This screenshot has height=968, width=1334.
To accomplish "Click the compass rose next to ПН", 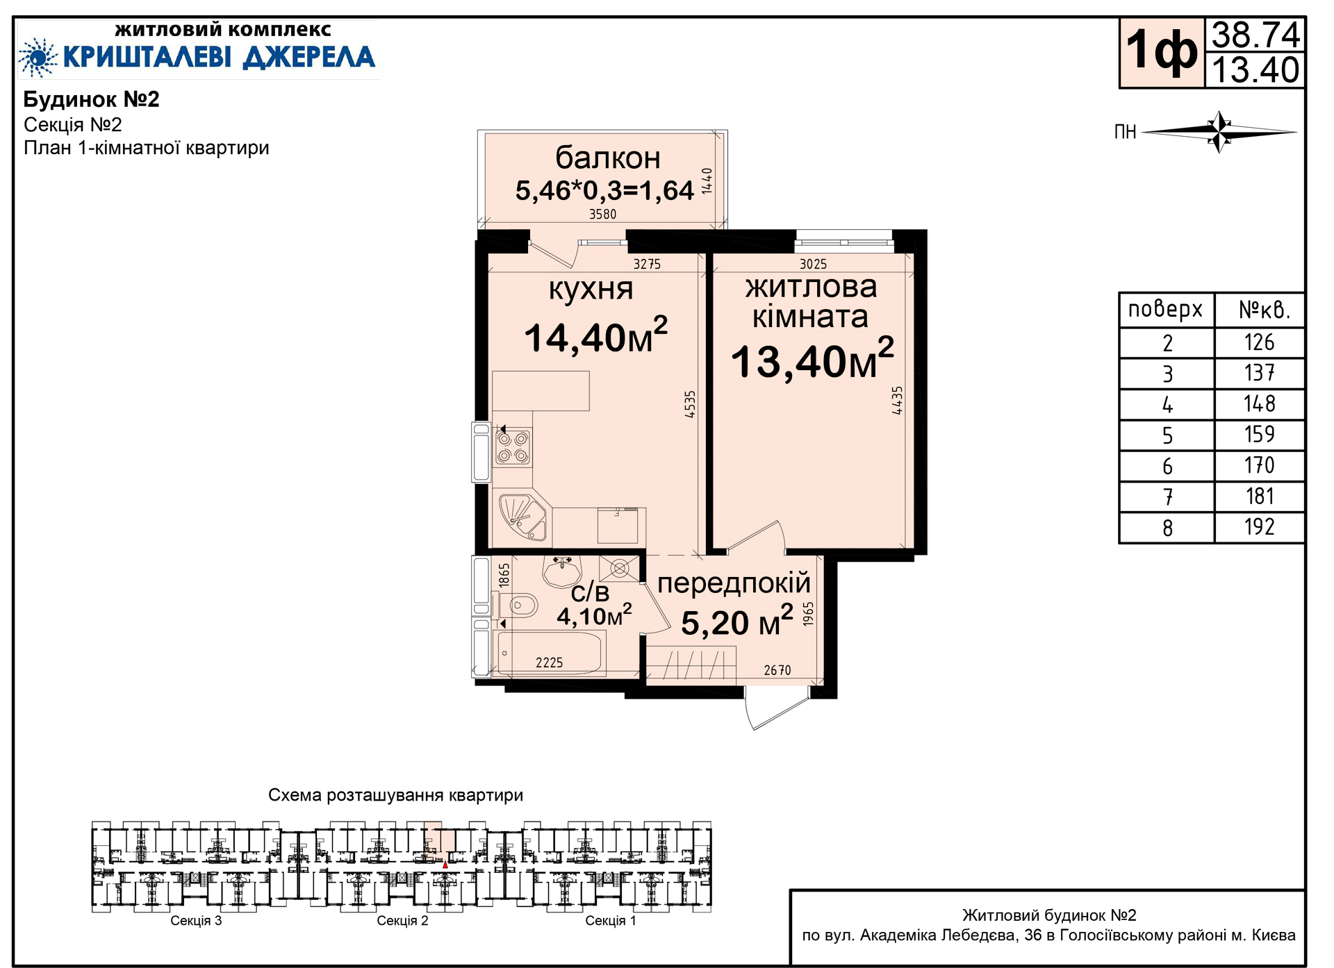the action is click(1219, 131).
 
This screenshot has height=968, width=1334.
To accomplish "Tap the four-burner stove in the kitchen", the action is click(513, 448).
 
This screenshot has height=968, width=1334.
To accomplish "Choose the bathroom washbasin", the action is click(562, 571).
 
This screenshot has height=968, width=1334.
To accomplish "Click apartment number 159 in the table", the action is click(1259, 435).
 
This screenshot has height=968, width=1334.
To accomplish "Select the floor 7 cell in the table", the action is click(1167, 497).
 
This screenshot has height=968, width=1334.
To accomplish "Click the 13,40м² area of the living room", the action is click(812, 359).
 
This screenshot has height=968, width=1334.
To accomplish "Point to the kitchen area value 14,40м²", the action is click(595, 335).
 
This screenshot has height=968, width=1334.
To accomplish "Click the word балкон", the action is click(608, 158).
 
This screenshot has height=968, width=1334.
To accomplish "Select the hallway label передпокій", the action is click(734, 583).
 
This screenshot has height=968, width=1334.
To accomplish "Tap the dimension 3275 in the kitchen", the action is click(647, 264).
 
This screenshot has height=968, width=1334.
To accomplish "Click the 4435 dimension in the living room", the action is click(897, 401).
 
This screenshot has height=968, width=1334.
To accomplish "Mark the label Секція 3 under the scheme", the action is click(196, 921).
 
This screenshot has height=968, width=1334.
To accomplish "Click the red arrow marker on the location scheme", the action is click(445, 865).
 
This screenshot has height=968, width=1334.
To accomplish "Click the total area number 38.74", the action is click(1255, 35).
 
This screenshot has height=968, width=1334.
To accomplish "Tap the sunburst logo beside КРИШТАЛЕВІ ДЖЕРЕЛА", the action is click(38, 57).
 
